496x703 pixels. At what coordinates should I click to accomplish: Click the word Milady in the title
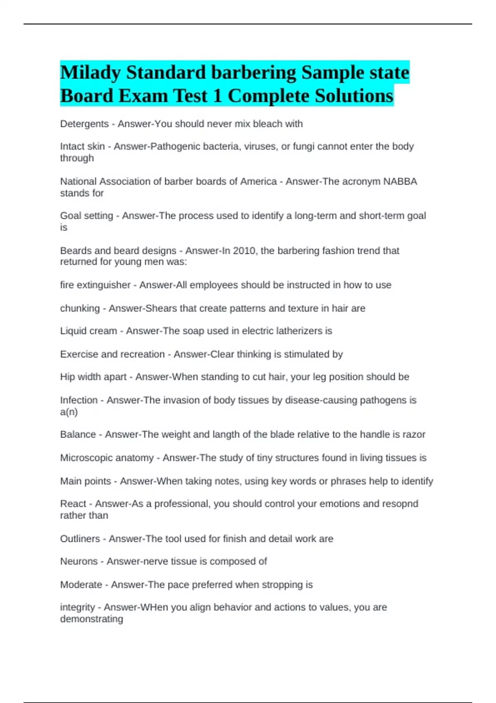(91, 73)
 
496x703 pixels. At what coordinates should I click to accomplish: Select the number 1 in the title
(217, 96)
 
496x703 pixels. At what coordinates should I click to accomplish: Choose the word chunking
(80, 308)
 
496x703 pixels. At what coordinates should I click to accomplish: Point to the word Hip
(67, 377)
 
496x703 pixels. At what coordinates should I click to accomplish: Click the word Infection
(79, 400)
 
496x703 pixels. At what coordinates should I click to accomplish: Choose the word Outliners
(80, 539)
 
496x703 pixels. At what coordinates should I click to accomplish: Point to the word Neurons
(79, 561)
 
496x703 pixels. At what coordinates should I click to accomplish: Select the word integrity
(77, 607)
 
